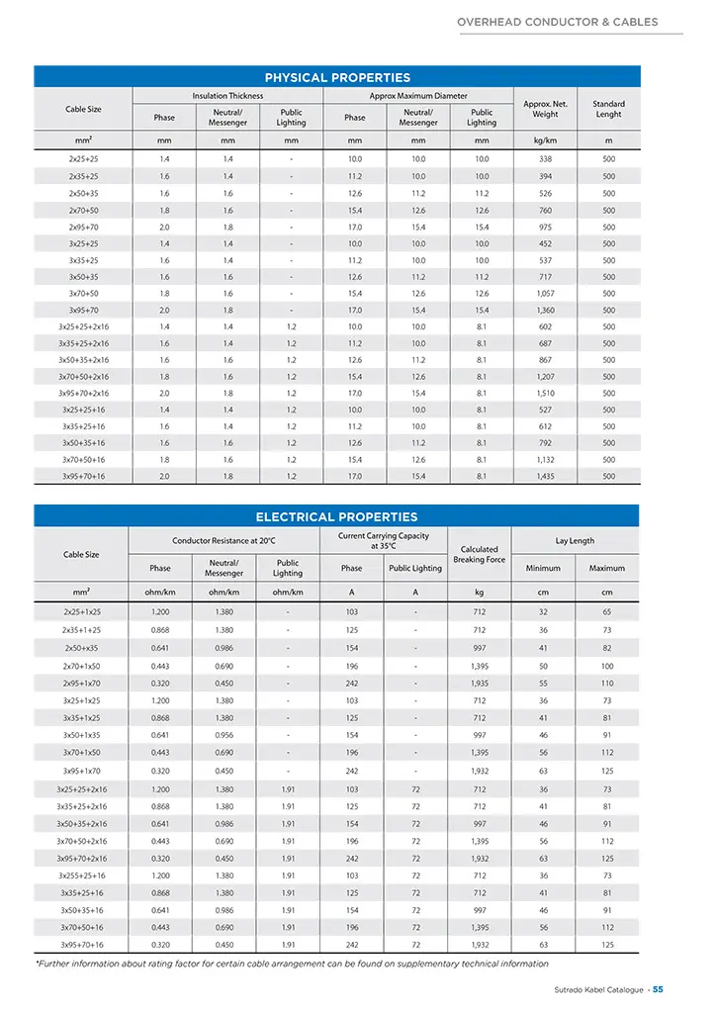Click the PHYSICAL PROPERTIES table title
click(337, 77)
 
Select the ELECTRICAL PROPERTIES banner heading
click(337, 516)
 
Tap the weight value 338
click(545, 158)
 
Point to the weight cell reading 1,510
click(545, 393)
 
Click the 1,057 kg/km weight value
click(545, 293)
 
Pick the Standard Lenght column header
click(608, 109)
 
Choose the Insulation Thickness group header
click(227, 96)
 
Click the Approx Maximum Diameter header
click(418, 96)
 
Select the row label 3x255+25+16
click(83, 877)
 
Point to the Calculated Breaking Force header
click(479, 554)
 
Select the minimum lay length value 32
click(543, 612)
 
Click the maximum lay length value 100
click(606, 667)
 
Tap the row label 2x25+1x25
click(82, 612)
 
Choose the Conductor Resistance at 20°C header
click(224, 541)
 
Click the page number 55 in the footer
click(658, 989)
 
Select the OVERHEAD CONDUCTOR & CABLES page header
click(557, 22)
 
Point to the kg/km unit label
click(545, 140)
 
